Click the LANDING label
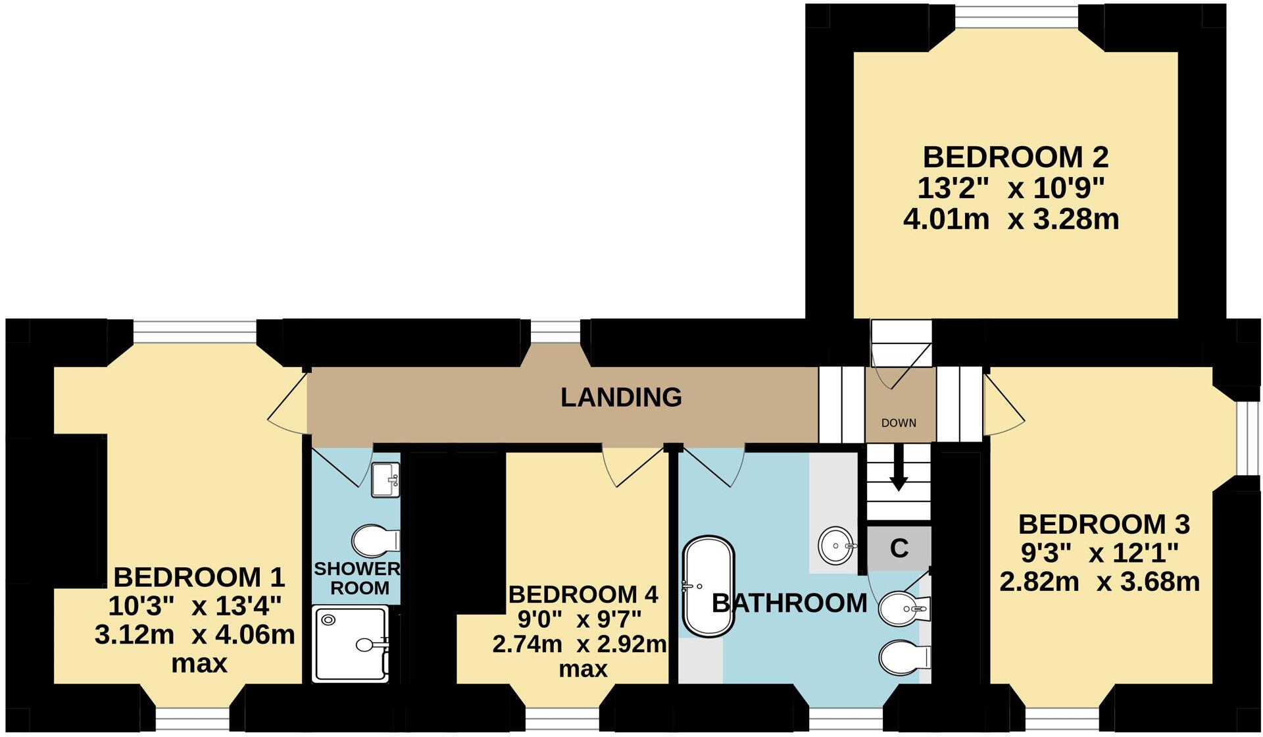tap(621, 397)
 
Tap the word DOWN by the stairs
tap(899, 423)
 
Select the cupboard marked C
tap(899, 547)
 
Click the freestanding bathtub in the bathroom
tap(709, 587)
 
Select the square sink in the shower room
tap(385, 479)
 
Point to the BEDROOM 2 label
tap(1016, 157)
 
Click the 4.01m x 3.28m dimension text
tap(1011, 219)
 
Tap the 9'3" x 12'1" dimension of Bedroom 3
tap(1099, 553)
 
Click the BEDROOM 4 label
tap(583, 594)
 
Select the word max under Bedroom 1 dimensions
tap(199, 663)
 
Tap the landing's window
tap(555, 332)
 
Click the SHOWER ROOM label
tap(357, 578)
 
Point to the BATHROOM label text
tap(789, 603)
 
